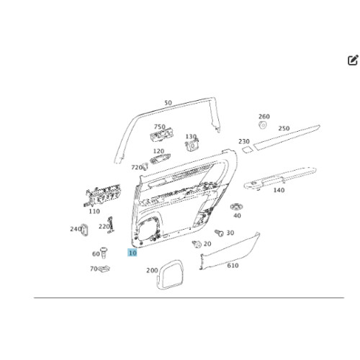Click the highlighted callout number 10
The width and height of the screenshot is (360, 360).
(132, 253)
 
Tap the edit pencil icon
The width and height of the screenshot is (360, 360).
(353, 60)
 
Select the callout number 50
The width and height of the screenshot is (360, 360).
(168, 103)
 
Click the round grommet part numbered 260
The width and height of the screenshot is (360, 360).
(263, 125)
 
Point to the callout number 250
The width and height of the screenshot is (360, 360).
(284, 128)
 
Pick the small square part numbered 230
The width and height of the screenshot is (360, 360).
(247, 150)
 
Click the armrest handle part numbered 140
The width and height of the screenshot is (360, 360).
(280, 178)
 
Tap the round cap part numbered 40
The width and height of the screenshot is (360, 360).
(237, 207)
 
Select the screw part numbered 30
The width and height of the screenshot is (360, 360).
(219, 233)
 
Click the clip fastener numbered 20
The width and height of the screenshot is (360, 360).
(197, 244)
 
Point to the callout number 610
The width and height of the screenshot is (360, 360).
(233, 266)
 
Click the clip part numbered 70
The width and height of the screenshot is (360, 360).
(104, 269)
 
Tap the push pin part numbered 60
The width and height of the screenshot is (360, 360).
(104, 253)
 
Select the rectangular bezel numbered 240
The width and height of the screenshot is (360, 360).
(84, 230)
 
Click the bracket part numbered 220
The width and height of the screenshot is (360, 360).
(111, 225)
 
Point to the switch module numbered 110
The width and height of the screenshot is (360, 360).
(102, 195)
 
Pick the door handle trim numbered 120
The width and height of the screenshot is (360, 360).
(160, 158)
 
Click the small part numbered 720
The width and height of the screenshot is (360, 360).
(145, 166)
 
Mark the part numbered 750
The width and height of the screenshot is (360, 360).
(162, 135)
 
